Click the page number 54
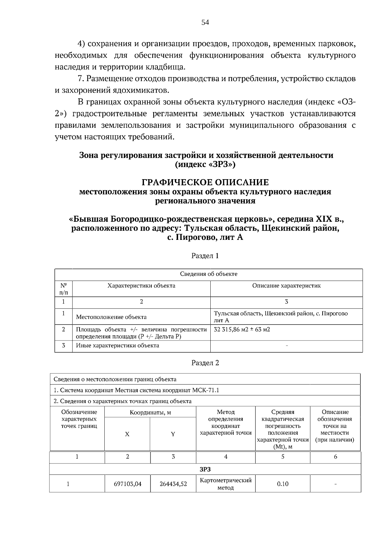(x=205, y=22)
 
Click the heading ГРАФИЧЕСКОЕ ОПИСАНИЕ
(x=205, y=183)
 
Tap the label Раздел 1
(x=205, y=256)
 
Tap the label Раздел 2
(x=205, y=363)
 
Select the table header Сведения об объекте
(x=208, y=274)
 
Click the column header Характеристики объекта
(x=141, y=286)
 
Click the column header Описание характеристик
(x=286, y=286)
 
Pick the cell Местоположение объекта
(x=111, y=317)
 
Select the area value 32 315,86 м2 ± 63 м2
(x=242, y=329)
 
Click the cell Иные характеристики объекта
(x=117, y=346)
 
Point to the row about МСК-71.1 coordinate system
(x=136, y=390)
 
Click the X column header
(x=127, y=434)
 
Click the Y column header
(x=173, y=434)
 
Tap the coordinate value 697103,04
(x=127, y=484)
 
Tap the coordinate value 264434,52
(x=173, y=484)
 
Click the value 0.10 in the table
(x=282, y=484)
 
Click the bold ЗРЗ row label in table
(x=205, y=469)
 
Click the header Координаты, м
(x=150, y=412)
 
